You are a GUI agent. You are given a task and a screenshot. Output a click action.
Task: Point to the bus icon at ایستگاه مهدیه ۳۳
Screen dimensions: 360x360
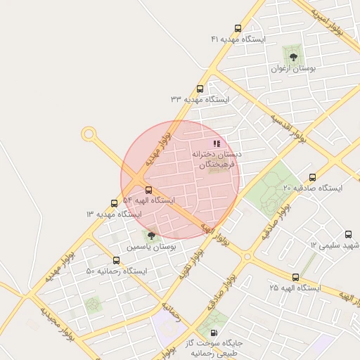coord(200,89)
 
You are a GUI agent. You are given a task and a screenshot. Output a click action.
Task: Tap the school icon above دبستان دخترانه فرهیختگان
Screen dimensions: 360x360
coord(217,143)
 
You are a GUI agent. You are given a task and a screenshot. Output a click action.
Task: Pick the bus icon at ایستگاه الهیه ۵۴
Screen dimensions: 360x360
coord(148,190)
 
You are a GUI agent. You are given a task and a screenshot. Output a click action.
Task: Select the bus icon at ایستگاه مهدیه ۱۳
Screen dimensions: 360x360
coord(114,203)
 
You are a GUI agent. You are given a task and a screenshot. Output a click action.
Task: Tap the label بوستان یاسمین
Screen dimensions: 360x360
coord(151,247)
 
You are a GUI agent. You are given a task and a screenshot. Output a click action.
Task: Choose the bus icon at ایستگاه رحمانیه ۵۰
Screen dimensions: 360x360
coord(116,260)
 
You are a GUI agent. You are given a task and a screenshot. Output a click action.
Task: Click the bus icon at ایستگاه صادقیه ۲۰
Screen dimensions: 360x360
coord(312,178)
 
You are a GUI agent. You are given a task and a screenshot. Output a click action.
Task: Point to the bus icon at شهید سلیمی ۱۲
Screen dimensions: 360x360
coord(348,235)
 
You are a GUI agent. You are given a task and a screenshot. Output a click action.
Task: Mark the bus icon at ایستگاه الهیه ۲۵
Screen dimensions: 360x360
coord(295,278)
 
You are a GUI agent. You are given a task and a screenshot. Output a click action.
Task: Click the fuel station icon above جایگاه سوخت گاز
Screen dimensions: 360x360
coord(214,333)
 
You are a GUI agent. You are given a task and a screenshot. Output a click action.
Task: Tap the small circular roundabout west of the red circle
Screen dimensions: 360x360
coord(89,132)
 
